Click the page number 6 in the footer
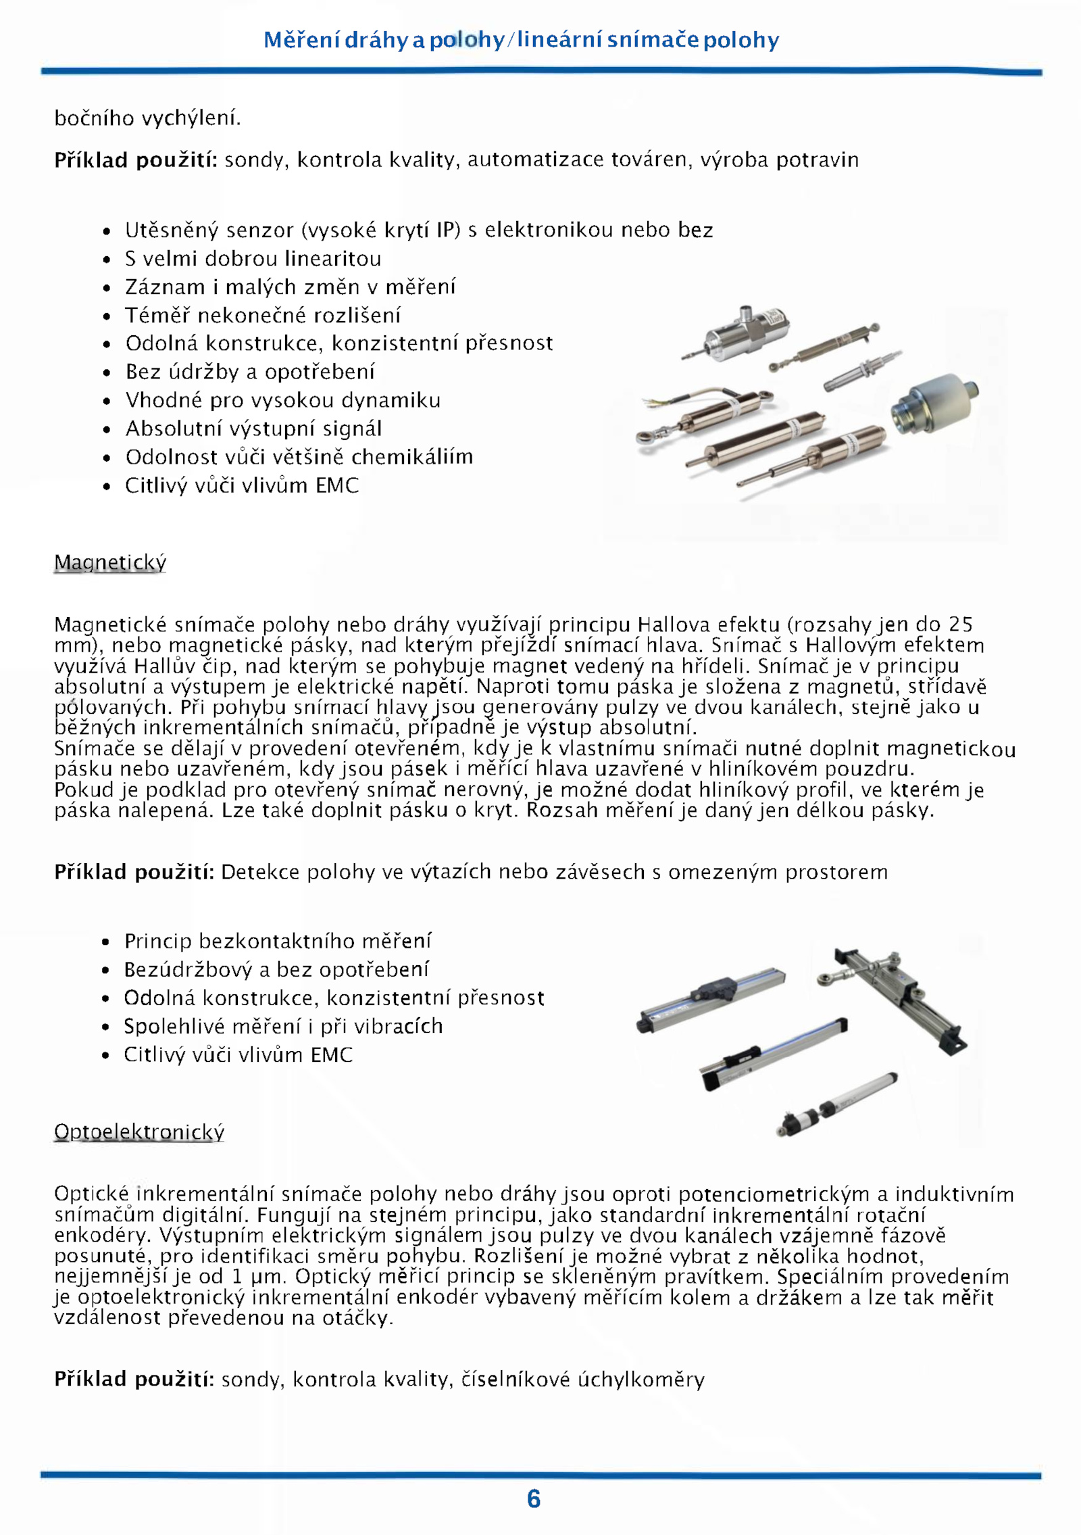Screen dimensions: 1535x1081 click(534, 1499)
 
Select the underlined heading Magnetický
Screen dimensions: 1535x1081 click(110, 562)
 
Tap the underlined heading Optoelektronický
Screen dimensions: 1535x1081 click(139, 1131)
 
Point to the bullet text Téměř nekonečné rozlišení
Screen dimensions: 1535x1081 click(263, 315)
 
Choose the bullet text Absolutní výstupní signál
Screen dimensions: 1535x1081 click(253, 429)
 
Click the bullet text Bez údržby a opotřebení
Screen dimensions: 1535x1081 click(250, 372)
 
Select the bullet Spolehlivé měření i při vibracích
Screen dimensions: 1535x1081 click(283, 1026)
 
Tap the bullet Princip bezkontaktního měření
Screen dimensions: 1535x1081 click(278, 941)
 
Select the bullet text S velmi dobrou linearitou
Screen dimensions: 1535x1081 click(253, 258)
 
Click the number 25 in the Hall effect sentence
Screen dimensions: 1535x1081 click(960, 624)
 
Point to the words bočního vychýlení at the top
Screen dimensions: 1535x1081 click(147, 118)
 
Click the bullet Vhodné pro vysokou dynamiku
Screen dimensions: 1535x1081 click(283, 400)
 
